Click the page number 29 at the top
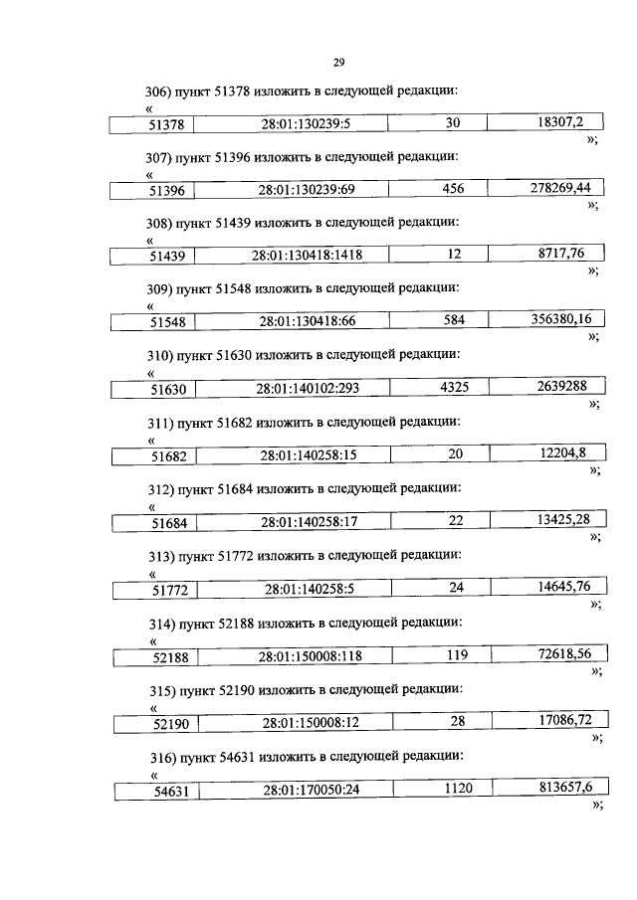pyautogui.click(x=337, y=64)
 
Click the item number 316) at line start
pyautogui.click(x=159, y=758)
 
